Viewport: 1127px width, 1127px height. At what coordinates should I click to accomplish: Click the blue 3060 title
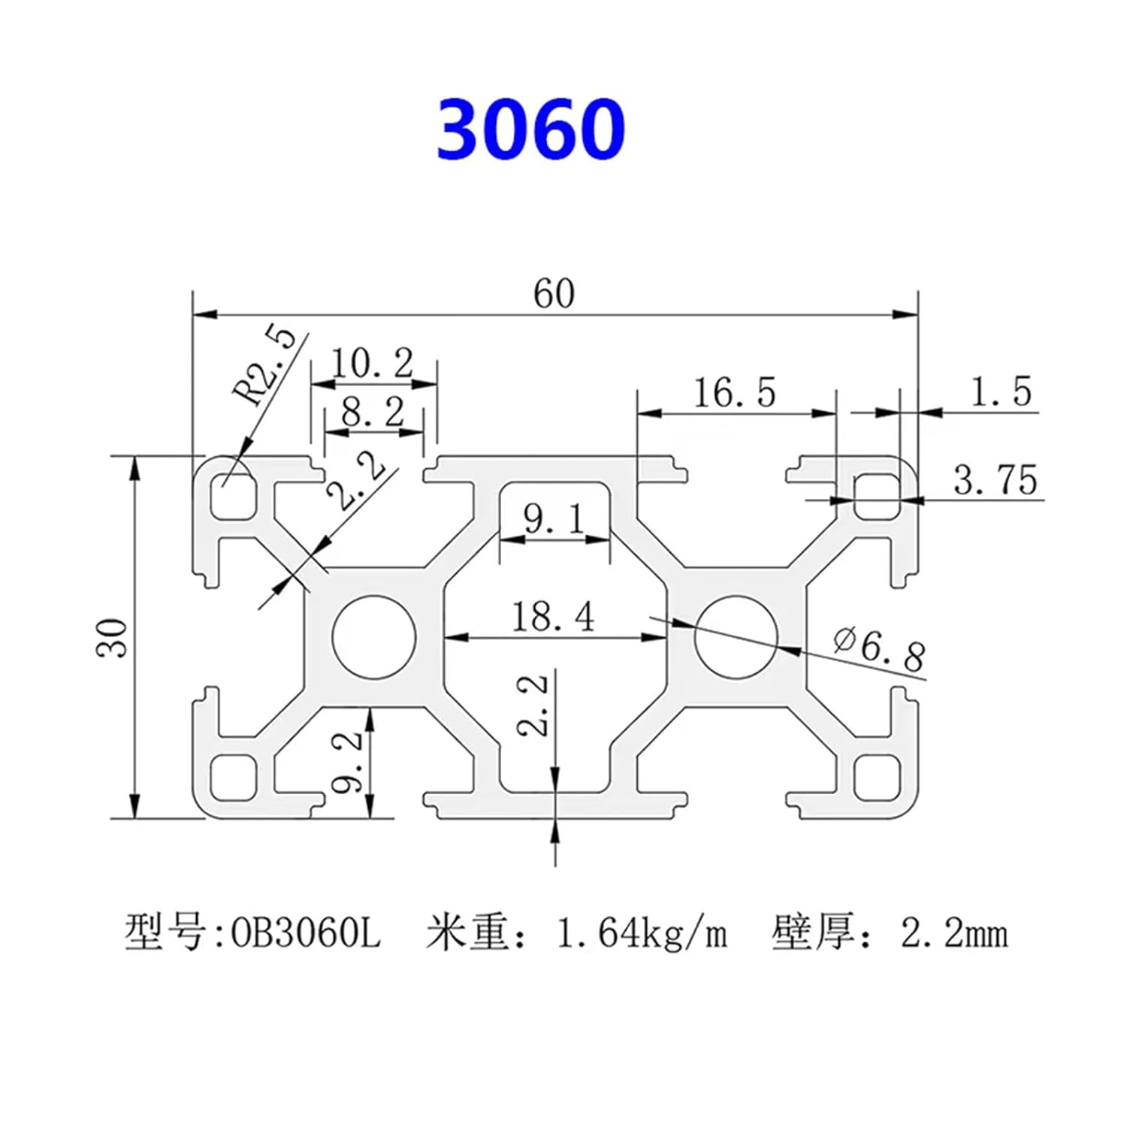tap(530, 129)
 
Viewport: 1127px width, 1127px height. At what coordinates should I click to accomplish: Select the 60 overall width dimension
tap(554, 294)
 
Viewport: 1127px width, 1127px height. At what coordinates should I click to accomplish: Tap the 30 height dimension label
tap(112, 637)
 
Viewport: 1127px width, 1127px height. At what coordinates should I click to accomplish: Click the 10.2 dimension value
tap(373, 364)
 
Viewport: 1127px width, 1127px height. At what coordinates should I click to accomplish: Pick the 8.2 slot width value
tap(373, 412)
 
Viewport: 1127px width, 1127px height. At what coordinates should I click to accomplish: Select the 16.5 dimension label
tap(733, 392)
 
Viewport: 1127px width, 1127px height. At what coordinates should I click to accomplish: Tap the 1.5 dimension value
tap(1001, 391)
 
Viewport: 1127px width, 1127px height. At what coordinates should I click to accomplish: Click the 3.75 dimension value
tap(996, 480)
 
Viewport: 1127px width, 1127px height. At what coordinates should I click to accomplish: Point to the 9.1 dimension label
tap(554, 519)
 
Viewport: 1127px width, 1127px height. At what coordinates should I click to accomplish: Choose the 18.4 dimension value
tap(553, 617)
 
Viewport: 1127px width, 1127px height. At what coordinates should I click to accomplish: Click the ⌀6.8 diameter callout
tap(879, 648)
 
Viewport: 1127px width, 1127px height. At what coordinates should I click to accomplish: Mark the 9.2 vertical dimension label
tap(347, 763)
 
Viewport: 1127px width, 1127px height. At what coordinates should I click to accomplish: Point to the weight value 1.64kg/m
tap(641, 934)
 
